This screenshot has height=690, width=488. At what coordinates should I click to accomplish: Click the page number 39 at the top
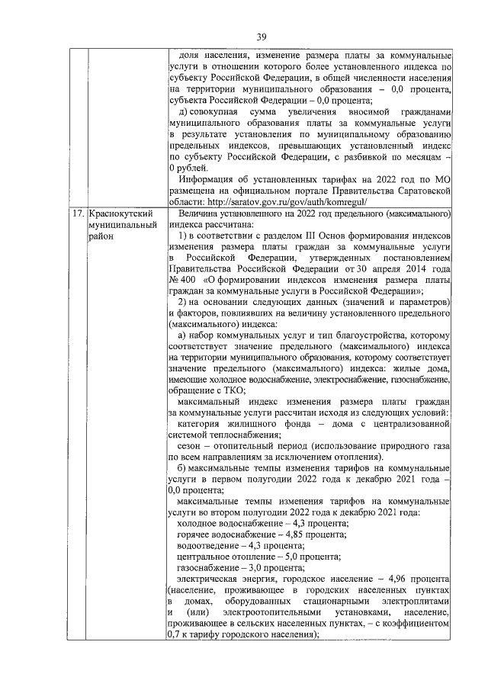click(262, 37)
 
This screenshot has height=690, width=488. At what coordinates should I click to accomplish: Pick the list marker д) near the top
click(183, 112)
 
